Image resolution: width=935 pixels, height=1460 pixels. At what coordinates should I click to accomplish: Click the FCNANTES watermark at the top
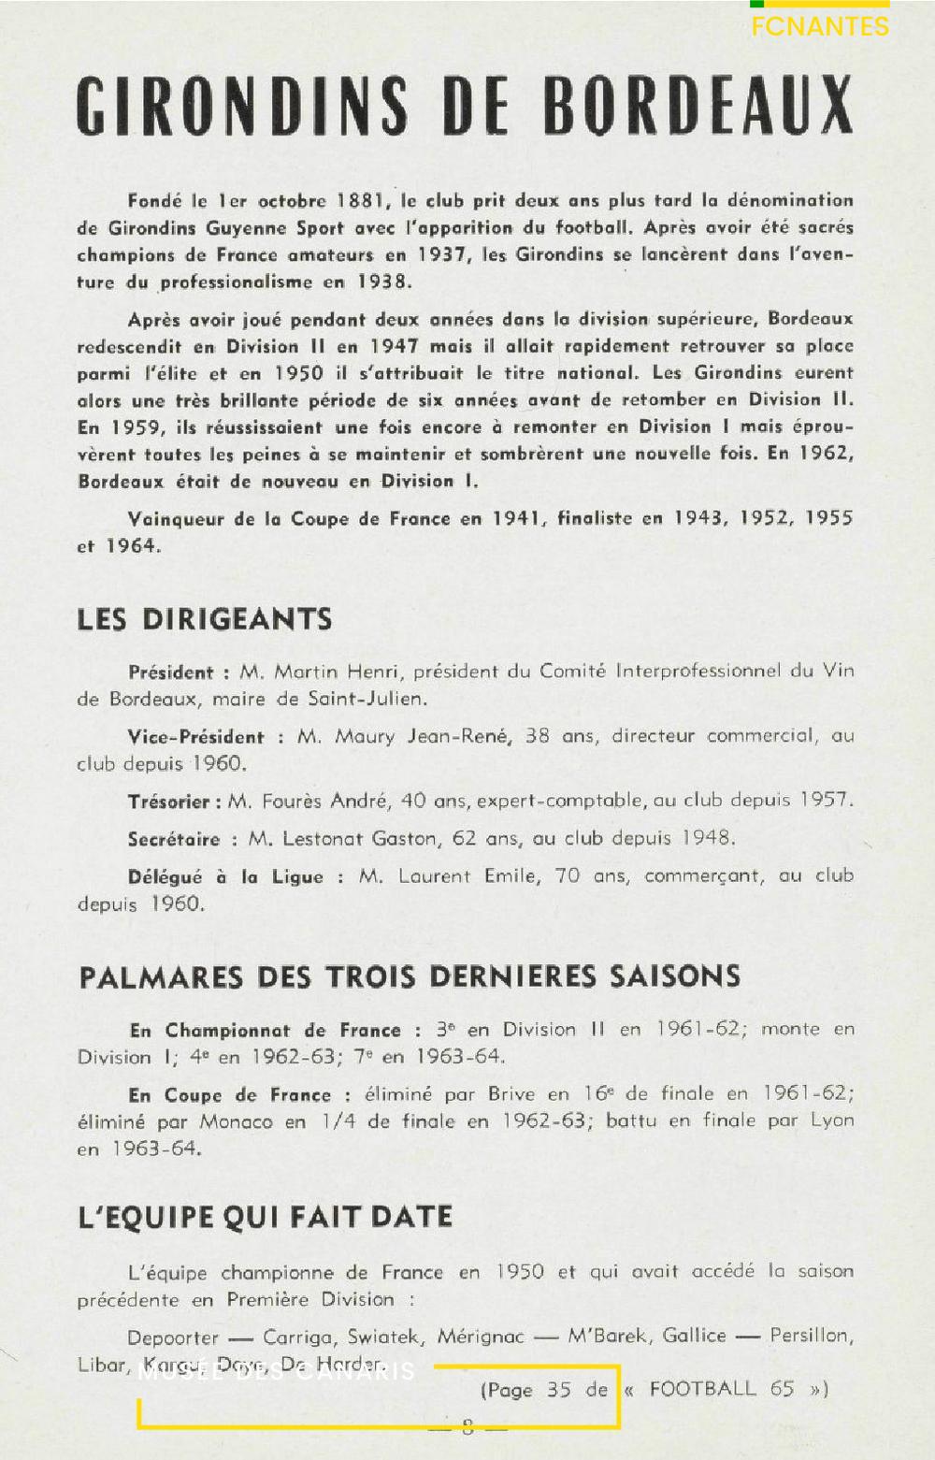tap(820, 26)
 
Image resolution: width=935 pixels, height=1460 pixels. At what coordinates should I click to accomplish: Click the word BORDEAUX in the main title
tap(698, 105)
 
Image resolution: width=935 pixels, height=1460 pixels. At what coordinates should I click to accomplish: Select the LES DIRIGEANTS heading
tap(205, 619)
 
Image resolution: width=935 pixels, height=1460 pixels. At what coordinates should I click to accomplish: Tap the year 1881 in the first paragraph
tap(360, 200)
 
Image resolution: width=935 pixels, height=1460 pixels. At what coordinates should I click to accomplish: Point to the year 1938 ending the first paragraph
tap(381, 282)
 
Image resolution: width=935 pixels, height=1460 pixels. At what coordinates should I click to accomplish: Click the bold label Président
tap(171, 672)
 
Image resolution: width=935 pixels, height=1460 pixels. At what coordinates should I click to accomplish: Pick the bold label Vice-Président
tap(196, 737)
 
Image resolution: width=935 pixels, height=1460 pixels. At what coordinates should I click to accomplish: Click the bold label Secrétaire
tap(174, 839)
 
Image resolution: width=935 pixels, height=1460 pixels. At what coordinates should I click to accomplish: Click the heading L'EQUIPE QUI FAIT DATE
tap(266, 1217)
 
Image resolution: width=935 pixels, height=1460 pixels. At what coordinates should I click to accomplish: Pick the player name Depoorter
tap(172, 1337)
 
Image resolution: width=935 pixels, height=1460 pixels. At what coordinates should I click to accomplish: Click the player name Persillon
tap(811, 1336)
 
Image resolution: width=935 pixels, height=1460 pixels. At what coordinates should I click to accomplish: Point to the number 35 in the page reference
tap(559, 1390)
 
